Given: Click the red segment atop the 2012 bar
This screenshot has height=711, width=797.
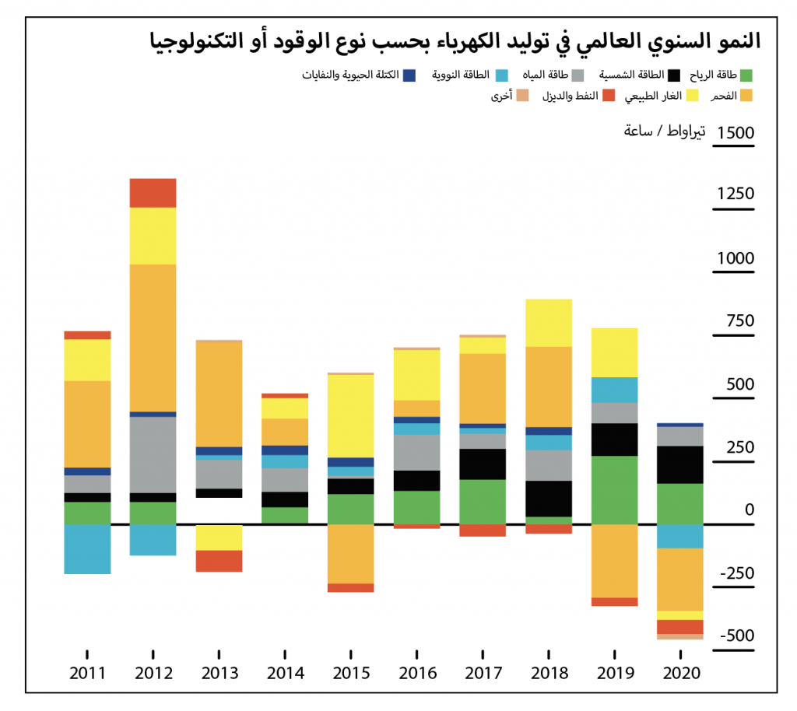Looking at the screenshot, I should (x=153, y=193).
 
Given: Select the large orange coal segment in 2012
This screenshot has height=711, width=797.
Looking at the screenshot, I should (x=153, y=338).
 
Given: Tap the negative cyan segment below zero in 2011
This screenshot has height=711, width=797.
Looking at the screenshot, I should (x=87, y=549).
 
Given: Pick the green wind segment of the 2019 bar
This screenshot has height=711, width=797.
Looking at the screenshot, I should (x=614, y=490).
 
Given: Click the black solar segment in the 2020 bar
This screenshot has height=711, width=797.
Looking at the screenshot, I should (x=679, y=464).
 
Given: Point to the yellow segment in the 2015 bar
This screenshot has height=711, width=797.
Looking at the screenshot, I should (x=350, y=416).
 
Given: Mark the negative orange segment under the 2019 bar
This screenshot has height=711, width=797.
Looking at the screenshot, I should (x=614, y=561).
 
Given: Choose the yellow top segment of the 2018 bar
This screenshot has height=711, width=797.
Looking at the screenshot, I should (x=548, y=323).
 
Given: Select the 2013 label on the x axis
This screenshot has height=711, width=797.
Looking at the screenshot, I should (x=219, y=673).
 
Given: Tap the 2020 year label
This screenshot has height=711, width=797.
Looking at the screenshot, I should (x=679, y=673).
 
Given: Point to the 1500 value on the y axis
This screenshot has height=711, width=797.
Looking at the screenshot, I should (x=736, y=132).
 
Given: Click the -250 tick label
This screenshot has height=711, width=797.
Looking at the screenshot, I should (x=736, y=573).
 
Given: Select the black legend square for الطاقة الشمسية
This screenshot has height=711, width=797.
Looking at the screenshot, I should (x=674, y=75).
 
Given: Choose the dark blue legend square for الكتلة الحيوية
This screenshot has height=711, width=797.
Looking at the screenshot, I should (x=410, y=75).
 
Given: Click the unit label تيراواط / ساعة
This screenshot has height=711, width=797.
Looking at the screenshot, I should (x=665, y=131).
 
